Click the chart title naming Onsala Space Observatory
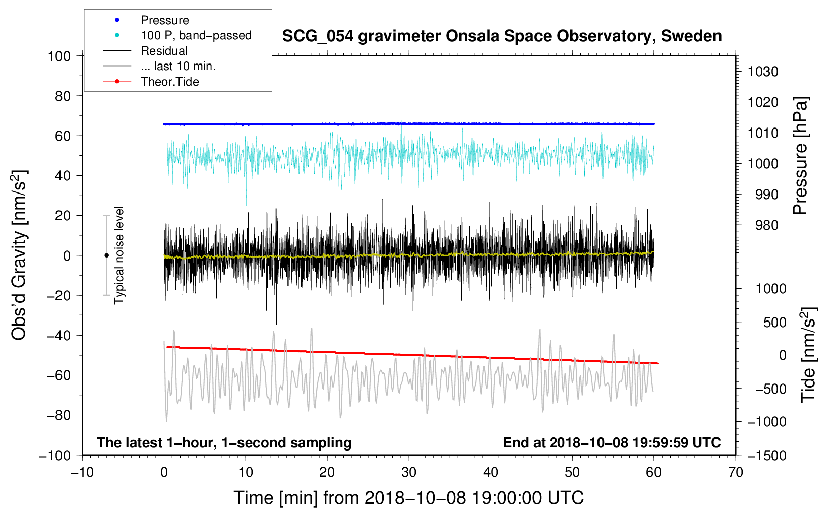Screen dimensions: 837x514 502,36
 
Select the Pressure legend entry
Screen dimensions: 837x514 146,20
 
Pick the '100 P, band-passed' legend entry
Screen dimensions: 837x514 177,35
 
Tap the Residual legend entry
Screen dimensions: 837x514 145,51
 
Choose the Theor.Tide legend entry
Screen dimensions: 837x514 151,82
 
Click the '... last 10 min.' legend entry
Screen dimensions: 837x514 159,66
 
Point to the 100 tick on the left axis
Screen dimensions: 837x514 59,56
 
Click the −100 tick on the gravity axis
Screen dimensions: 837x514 55,456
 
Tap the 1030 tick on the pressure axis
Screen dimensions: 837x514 763,72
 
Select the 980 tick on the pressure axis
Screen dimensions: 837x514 766,225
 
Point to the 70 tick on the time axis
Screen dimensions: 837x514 735,472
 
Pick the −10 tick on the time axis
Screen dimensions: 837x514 82,472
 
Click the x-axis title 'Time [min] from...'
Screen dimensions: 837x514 409,498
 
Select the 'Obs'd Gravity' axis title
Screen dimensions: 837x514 19,255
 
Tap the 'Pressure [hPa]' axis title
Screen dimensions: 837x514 800,156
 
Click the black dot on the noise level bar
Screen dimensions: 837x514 106,255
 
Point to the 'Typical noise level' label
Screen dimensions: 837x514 119,255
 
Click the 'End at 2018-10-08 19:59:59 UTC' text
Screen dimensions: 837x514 612,442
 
